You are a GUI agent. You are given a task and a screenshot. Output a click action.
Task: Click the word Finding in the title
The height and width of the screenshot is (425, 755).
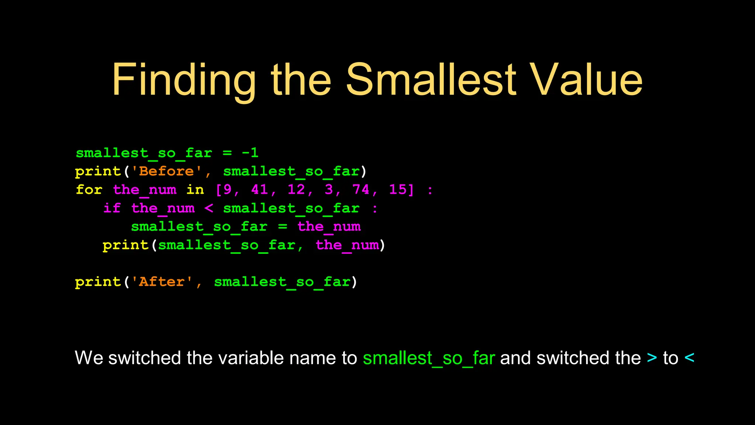coord(184,80)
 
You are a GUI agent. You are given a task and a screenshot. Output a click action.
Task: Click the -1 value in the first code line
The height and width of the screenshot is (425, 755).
coord(250,153)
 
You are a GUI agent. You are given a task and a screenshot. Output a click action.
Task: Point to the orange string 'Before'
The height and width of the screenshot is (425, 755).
coord(167,171)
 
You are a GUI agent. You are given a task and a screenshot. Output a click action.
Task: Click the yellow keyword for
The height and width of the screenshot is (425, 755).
coord(89,190)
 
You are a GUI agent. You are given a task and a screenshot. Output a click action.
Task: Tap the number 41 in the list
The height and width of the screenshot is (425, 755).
coord(260,190)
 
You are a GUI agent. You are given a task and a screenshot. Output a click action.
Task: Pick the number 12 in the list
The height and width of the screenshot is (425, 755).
coord(296,190)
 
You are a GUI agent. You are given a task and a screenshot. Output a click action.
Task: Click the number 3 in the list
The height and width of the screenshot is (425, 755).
coord(329,190)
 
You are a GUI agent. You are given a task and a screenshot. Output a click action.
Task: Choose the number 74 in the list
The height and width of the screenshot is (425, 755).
coord(361,190)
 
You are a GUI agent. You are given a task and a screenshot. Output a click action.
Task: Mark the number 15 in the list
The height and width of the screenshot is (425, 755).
coord(398,190)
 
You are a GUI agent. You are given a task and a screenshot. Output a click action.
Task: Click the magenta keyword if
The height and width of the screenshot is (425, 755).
coord(112,208)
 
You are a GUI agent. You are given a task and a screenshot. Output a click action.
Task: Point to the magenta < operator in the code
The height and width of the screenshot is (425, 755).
coord(209,208)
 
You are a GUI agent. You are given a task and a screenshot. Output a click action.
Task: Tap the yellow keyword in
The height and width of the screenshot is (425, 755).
coord(195,190)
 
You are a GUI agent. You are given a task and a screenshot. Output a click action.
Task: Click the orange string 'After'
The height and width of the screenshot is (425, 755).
coord(162,282)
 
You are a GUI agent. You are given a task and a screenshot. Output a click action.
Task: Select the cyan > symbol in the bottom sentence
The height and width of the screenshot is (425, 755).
coord(652,358)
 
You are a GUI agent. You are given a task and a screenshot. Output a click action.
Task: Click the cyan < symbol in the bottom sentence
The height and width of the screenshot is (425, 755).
coord(689,358)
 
